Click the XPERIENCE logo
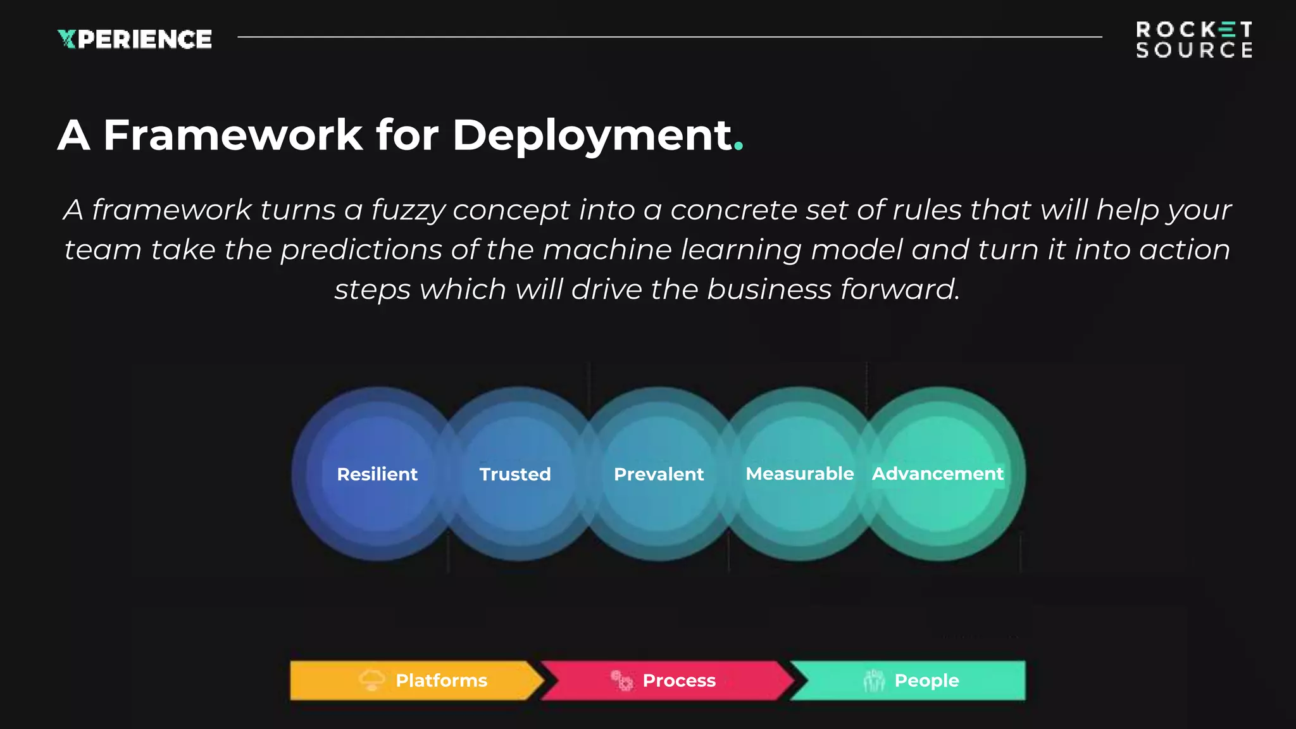click(x=135, y=39)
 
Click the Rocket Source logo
click(x=1193, y=39)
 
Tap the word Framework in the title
click(x=233, y=135)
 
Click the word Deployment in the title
click(x=592, y=135)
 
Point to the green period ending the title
click(x=738, y=149)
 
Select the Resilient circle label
click(x=377, y=474)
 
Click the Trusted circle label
click(x=515, y=474)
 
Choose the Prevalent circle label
click(x=659, y=474)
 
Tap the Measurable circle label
click(x=800, y=473)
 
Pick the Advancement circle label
click(x=938, y=473)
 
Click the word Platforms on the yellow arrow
click(x=441, y=680)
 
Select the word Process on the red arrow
click(x=679, y=680)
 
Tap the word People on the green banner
click(x=926, y=680)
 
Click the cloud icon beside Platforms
click(x=372, y=680)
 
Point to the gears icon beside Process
click(x=621, y=680)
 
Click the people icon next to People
click(x=874, y=680)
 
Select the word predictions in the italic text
click(x=361, y=250)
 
